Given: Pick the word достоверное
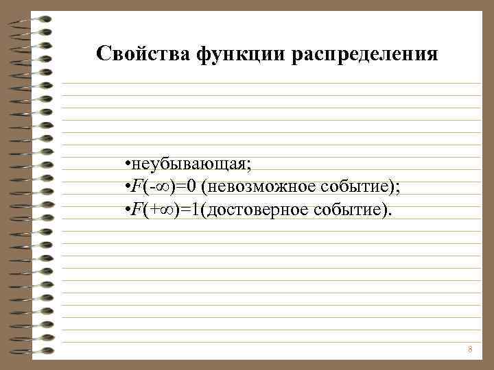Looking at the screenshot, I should pyautogui.click(x=259, y=208).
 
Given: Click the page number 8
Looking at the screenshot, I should pyautogui.click(x=470, y=349).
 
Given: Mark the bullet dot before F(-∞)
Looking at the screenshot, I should pyautogui.click(x=128, y=186).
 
